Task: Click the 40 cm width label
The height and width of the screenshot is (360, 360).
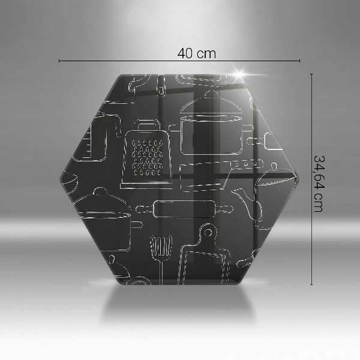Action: tap(197, 53)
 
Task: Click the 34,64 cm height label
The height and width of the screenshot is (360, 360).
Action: tap(319, 184)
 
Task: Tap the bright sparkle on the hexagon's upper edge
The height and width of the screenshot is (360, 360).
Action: tap(239, 74)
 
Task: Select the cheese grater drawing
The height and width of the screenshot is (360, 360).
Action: tap(146, 154)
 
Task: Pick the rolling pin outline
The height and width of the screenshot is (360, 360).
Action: tap(184, 209)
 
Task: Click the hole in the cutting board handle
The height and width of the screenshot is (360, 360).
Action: tap(208, 232)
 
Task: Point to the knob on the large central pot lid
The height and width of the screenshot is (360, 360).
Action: tap(211, 94)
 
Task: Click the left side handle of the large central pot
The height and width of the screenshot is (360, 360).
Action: tap(175, 128)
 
